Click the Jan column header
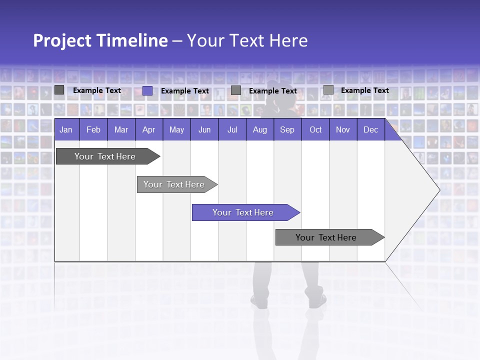point(66,129)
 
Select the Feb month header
point(93,129)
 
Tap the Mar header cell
point(121,129)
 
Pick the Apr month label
point(149,129)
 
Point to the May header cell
point(176,129)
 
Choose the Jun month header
point(204,129)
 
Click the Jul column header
point(232,129)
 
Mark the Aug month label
point(260,129)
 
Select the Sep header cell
point(287,129)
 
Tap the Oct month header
point(315,129)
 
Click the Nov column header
point(343,129)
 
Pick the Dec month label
point(371,129)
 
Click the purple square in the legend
point(147,90)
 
